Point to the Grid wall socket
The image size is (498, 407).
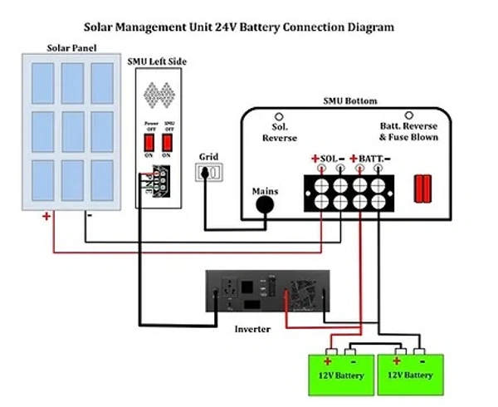(209, 173)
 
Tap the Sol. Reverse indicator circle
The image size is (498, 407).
(280, 117)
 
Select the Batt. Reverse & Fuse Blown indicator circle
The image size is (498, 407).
(408, 115)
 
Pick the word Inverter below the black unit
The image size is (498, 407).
(253, 330)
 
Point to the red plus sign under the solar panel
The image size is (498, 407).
(46, 217)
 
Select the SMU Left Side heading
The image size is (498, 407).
(157, 62)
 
